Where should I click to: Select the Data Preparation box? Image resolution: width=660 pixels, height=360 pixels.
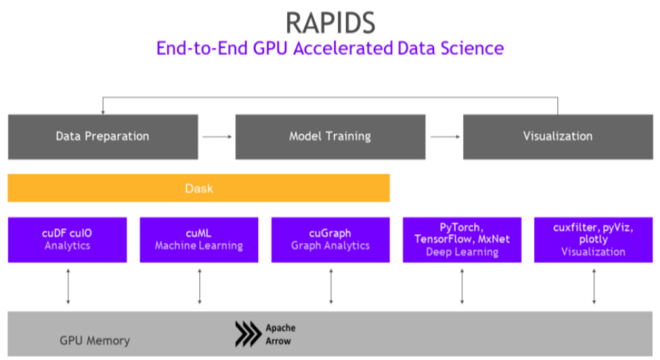(x=103, y=136)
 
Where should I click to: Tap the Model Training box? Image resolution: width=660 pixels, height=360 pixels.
(x=330, y=136)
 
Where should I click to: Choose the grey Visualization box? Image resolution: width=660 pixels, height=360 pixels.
(x=557, y=136)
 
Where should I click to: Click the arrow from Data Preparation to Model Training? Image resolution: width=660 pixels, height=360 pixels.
(x=216, y=136)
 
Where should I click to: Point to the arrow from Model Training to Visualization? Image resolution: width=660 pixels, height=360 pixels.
(x=444, y=136)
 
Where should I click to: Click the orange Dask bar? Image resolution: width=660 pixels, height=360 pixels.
(x=198, y=189)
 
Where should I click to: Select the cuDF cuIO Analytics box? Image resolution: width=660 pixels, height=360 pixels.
(x=67, y=239)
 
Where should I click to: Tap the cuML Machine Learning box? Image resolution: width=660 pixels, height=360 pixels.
(x=198, y=239)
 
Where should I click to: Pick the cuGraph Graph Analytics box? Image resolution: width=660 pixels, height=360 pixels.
(x=330, y=239)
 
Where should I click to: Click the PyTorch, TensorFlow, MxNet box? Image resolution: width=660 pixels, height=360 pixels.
(x=462, y=239)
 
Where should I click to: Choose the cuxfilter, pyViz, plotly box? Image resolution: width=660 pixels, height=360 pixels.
(x=594, y=239)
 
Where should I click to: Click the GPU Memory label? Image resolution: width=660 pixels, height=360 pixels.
(x=95, y=341)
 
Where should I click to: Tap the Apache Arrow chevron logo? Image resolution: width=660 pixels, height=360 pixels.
(x=248, y=334)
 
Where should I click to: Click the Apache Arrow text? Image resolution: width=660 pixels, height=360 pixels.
(x=280, y=334)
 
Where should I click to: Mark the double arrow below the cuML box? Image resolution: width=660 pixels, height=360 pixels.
(x=199, y=286)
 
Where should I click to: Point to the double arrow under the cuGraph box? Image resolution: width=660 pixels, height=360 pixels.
(x=330, y=286)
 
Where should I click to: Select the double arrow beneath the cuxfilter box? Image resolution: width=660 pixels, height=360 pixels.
(x=594, y=286)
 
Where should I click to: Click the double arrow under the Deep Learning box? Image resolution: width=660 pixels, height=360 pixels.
(x=462, y=286)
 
